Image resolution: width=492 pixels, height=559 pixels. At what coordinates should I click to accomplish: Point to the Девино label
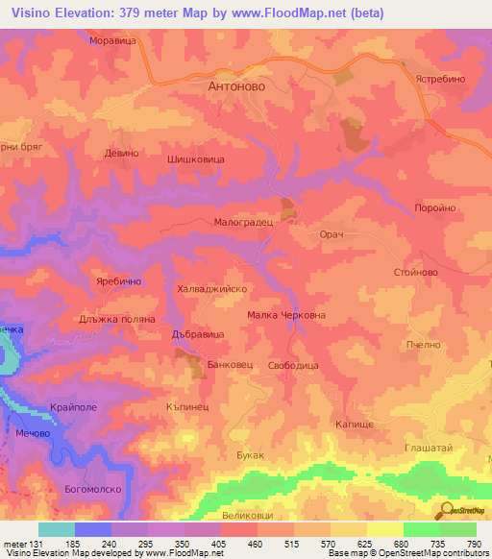tap(122, 154)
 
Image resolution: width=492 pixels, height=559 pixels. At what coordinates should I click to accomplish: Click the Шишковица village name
tap(196, 161)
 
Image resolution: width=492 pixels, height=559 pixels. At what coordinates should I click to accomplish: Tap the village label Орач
tap(331, 234)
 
